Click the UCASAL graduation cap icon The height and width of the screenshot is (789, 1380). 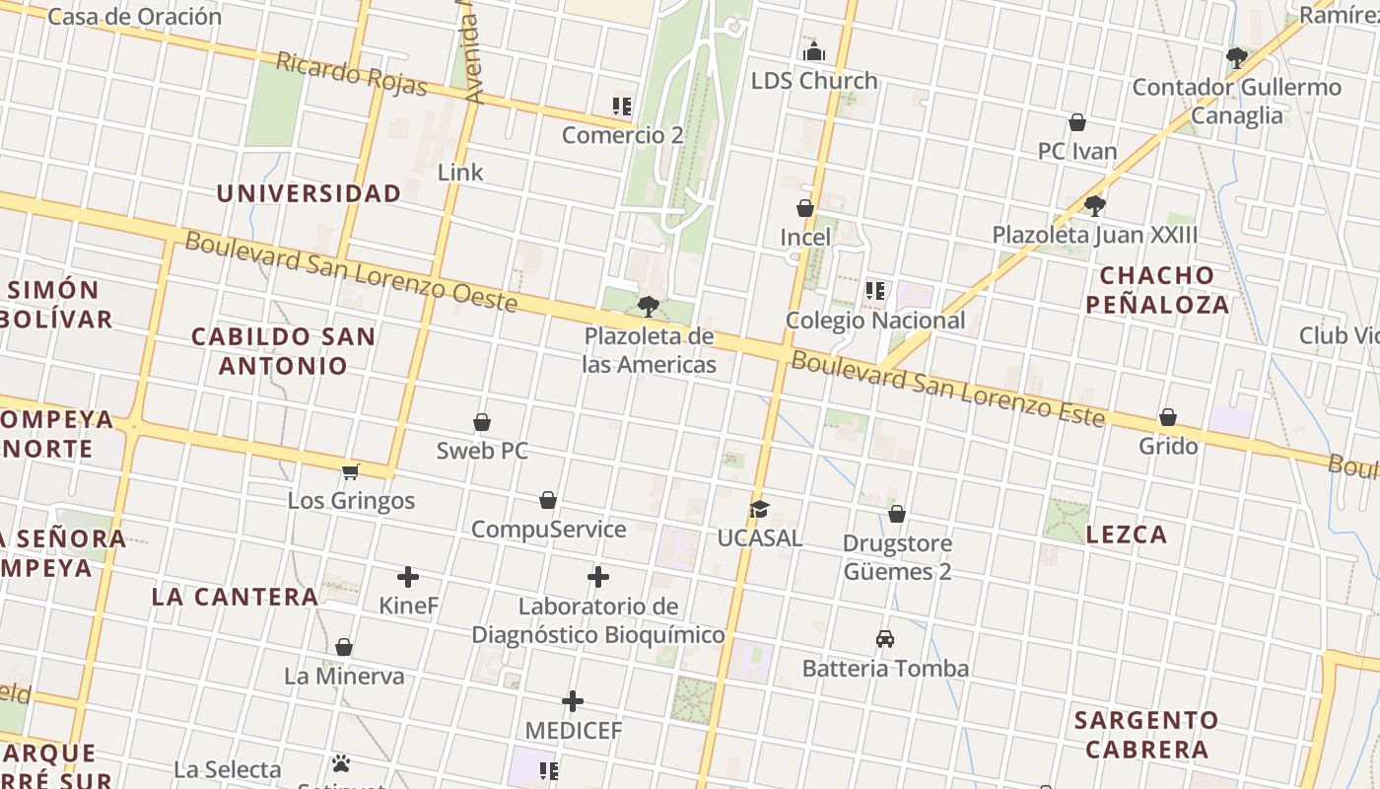(758, 509)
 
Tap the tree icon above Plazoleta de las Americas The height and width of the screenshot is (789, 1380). (648, 306)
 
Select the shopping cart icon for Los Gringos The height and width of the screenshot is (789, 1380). (350, 471)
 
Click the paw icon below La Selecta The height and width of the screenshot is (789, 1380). (341, 763)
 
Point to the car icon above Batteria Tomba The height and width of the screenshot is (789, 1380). (885, 638)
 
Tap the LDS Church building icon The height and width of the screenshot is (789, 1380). (814, 51)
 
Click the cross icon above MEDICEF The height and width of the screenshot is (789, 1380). (573, 701)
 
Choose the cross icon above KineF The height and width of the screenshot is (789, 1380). (408, 577)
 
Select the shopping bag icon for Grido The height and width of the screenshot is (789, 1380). (1168, 417)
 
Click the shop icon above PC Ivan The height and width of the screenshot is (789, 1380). (1077, 122)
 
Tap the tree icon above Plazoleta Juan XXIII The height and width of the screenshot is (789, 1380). (1094, 206)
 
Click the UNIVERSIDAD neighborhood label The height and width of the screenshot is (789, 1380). (309, 193)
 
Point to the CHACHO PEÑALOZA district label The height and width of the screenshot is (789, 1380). (1157, 290)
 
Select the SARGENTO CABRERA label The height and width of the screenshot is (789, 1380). (1146, 735)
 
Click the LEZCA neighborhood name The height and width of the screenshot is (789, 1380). (1127, 535)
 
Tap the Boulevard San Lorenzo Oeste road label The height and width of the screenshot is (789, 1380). (351, 271)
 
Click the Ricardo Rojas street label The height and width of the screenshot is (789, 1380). (351, 75)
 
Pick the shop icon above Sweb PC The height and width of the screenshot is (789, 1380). (482, 422)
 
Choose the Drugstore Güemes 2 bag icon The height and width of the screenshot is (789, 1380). (896, 514)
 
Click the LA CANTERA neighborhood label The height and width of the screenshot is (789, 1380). (235, 597)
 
